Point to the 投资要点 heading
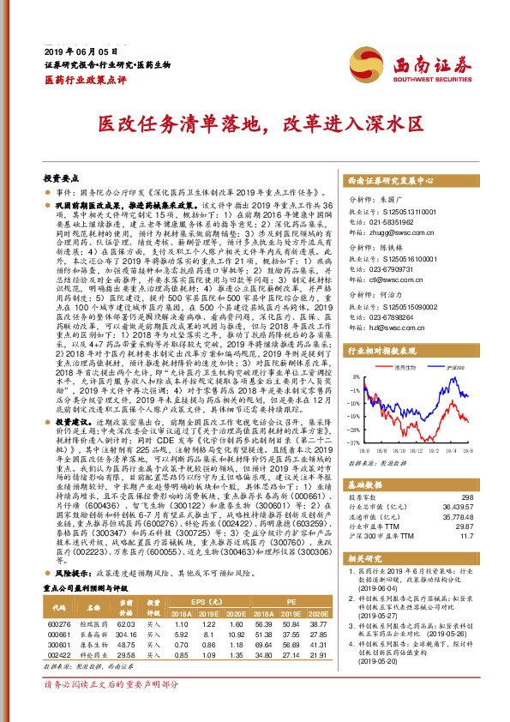(x=62, y=178)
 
